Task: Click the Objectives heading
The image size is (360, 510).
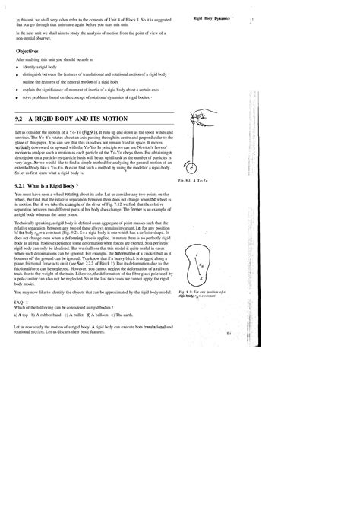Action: pyautogui.click(x=29, y=52)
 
